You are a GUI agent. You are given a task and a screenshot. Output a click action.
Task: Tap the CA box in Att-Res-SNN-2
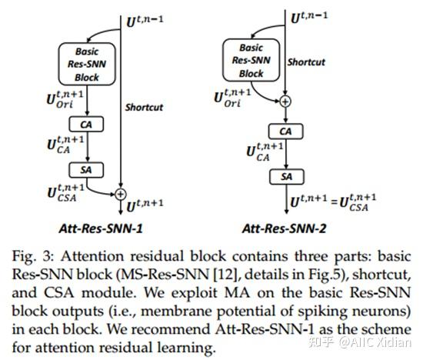pyautogui.click(x=285, y=131)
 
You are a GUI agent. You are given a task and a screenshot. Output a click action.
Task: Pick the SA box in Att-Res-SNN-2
pyautogui.click(x=285, y=176)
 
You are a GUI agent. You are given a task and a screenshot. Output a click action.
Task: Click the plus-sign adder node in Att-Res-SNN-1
pyautogui.click(x=121, y=192)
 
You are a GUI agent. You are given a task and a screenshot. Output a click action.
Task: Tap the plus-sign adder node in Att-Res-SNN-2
pyautogui.click(x=285, y=100)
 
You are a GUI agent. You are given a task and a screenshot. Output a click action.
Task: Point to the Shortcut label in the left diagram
pyautogui.click(x=145, y=108)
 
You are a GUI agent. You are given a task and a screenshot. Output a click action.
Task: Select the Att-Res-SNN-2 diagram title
pyautogui.click(x=286, y=228)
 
